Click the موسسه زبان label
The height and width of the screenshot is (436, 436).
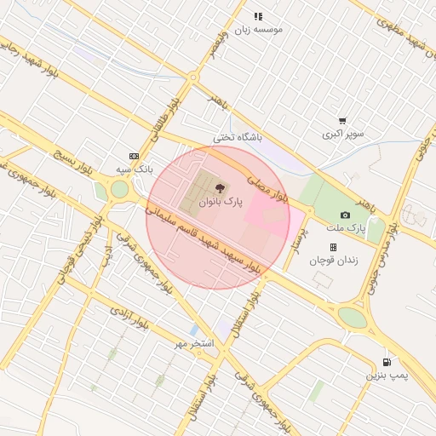click(257, 28)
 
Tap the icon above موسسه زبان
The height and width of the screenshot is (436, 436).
click(258, 15)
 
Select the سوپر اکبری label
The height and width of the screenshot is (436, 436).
click(343, 134)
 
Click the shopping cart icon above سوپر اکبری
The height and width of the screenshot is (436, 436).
click(342, 121)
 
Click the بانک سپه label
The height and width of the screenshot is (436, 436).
click(135, 169)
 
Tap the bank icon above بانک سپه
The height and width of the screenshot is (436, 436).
click(134, 156)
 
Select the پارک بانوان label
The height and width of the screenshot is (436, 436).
click(221, 203)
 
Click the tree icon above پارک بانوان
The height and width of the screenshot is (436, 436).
click(221, 188)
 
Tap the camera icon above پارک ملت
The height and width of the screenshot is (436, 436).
click(345, 215)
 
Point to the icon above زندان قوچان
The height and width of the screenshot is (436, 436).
click(333, 247)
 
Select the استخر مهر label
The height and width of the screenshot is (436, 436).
click(193, 342)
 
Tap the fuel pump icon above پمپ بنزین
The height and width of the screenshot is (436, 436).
click(388, 361)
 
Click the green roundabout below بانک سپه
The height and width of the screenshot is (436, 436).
click(119, 188)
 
